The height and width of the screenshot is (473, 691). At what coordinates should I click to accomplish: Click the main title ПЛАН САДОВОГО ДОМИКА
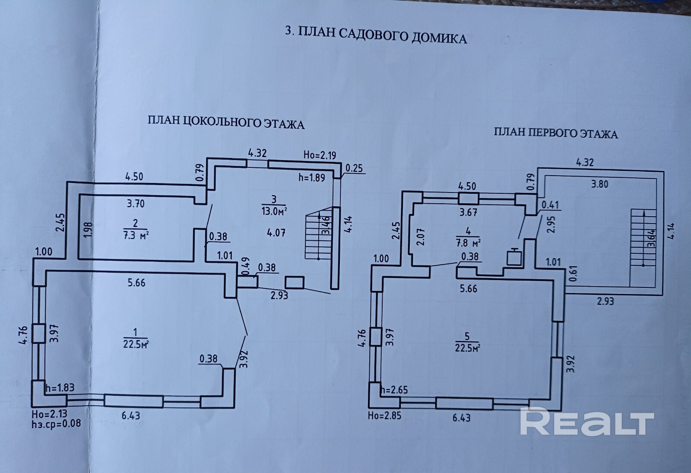point(376,35)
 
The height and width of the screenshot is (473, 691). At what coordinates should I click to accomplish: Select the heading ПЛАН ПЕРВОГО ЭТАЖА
point(556,133)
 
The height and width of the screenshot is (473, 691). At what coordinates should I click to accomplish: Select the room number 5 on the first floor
point(467,336)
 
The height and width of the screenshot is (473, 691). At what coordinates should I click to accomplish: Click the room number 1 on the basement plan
point(136,332)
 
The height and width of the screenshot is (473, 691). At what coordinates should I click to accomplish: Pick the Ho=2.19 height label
point(320,155)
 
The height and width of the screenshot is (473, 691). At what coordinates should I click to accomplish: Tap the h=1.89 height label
point(311,177)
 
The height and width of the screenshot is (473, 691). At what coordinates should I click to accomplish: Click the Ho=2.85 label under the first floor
point(384,416)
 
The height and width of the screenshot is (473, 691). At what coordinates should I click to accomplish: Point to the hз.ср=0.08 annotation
point(56,423)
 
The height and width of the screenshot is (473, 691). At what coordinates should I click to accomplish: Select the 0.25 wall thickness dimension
point(354,168)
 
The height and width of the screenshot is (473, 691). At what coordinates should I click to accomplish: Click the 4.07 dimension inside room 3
point(276,233)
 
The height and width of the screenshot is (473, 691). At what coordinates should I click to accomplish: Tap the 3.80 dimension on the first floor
point(599,184)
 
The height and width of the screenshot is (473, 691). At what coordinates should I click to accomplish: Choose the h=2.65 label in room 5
point(393,390)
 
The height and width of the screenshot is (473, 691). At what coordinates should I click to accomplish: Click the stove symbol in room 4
point(514,257)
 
